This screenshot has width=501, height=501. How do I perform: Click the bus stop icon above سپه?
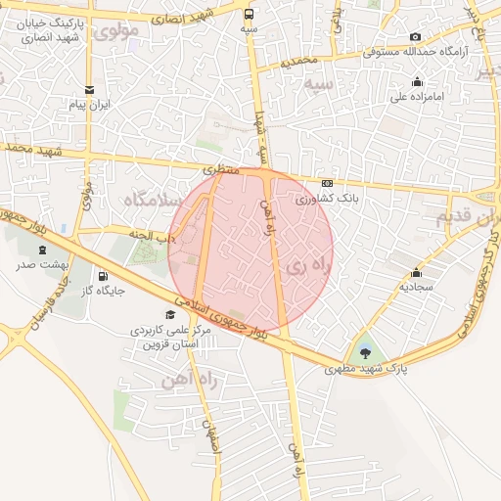[250, 14]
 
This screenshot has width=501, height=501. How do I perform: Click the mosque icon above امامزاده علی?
[418, 81]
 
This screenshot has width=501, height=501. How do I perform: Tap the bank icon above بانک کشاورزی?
[326, 183]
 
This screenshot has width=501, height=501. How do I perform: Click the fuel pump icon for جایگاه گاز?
[104, 276]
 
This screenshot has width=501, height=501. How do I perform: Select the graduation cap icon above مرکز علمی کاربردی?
[171, 314]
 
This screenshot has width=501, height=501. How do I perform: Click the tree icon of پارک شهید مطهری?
[366, 350]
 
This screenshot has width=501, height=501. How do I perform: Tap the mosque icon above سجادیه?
[416, 273]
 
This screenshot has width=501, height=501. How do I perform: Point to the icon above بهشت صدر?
[42, 250]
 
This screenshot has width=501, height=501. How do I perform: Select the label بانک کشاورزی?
[327, 198]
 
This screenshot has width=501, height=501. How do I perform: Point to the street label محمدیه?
[300, 61]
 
